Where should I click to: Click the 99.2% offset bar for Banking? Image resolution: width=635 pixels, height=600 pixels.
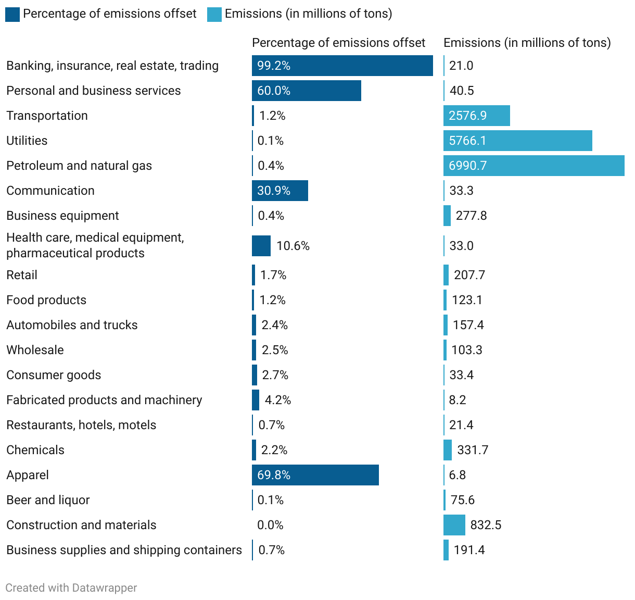(x=342, y=66)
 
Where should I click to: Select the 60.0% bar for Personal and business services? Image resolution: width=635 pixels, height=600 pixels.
(x=306, y=91)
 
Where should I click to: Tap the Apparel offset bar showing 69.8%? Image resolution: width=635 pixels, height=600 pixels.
(x=315, y=475)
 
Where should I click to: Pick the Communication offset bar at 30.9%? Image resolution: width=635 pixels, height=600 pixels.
(x=280, y=191)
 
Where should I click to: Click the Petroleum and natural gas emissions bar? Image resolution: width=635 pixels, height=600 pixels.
(x=534, y=166)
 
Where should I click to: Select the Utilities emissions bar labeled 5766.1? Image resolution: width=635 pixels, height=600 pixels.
(x=517, y=141)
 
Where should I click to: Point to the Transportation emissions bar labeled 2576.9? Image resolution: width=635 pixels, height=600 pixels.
(x=476, y=116)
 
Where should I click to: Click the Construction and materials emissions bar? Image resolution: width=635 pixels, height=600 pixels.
(x=454, y=525)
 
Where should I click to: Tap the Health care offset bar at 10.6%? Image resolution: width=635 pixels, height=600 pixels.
(x=261, y=246)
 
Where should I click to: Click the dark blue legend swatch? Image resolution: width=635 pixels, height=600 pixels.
(x=12, y=14)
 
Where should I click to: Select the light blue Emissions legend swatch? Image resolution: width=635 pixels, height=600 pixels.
(x=214, y=14)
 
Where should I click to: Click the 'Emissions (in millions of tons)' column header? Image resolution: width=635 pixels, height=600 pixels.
(x=527, y=43)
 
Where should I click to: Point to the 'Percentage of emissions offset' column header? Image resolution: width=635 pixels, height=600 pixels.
(x=338, y=43)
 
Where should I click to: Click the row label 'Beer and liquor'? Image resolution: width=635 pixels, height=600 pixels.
(x=48, y=500)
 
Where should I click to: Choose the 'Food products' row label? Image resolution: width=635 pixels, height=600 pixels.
(x=46, y=300)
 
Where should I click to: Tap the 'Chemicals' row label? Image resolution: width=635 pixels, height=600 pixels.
(x=35, y=450)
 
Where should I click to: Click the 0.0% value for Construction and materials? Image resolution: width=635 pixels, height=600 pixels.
(x=270, y=525)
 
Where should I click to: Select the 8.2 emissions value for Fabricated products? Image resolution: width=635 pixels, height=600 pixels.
(x=458, y=400)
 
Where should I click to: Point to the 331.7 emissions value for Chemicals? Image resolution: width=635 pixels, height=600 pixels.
(x=473, y=450)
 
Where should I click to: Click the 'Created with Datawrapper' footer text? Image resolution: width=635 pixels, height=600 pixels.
(x=71, y=588)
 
